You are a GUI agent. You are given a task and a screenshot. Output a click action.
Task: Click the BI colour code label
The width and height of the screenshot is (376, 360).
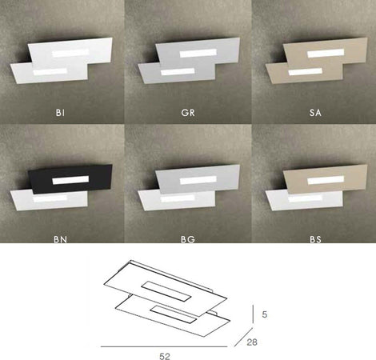tap(60, 113)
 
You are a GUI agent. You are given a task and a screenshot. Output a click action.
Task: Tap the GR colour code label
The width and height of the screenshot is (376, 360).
tap(188, 113)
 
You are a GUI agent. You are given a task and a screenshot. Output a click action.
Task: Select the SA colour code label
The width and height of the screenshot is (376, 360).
tap(315, 113)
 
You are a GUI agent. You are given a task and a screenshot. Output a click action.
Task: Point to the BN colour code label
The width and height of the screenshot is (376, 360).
tap(60, 239)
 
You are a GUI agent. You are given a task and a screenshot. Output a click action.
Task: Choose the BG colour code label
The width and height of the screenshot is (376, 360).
tap(188, 239)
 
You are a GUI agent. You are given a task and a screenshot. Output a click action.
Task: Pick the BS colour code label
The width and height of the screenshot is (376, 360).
tap(315, 239)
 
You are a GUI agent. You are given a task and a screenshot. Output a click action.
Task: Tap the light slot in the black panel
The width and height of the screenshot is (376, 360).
tap(70, 180)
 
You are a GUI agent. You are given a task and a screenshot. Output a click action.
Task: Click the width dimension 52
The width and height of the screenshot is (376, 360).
tap(165, 356)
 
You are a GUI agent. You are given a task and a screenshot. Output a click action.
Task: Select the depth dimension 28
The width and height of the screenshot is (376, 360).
tap(252, 342)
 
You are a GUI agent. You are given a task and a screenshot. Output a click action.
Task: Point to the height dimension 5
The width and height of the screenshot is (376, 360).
tap(264, 314)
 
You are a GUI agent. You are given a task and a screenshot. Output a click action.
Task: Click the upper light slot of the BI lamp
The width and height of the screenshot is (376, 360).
tap(70, 53)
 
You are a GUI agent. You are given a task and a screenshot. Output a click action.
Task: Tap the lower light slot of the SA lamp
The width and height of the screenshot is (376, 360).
tap(306, 71)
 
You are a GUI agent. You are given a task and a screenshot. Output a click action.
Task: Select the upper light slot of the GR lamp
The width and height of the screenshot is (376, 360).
tap(198, 53)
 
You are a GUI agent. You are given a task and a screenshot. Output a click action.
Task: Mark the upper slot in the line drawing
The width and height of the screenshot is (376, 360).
tap(166, 291)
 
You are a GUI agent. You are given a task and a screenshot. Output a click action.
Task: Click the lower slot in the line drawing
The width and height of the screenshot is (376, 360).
tap(174, 314)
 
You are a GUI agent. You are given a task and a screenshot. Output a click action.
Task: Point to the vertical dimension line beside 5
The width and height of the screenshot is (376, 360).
tap(253, 314)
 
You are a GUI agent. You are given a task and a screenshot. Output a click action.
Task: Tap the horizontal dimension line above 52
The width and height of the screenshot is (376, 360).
tap(164, 346)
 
